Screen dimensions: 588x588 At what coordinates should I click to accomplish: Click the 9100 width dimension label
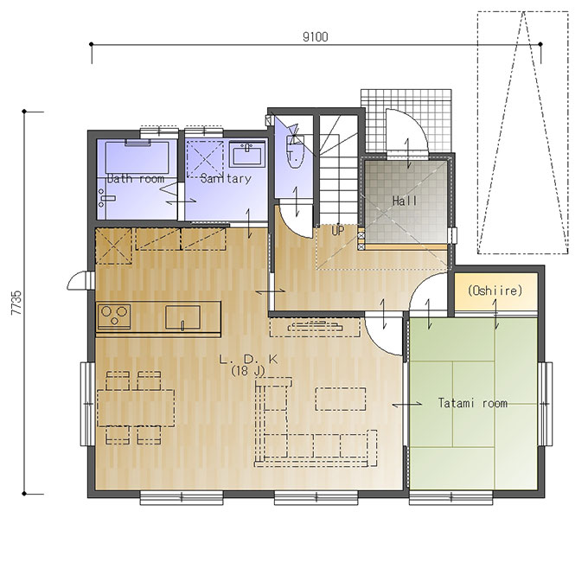click(315, 36)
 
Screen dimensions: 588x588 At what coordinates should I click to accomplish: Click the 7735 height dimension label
click(16, 303)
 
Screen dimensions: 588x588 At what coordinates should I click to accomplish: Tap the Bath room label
click(136, 178)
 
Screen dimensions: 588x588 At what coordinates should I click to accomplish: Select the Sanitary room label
click(226, 178)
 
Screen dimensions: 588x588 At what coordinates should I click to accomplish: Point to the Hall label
click(405, 201)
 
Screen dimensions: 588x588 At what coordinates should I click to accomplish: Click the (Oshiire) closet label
click(495, 291)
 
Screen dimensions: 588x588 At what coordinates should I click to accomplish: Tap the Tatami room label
click(472, 403)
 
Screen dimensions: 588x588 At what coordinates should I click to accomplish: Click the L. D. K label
click(248, 360)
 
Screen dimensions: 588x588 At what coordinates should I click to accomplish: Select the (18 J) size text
click(248, 371)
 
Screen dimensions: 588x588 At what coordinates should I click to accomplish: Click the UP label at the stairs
click(337, 231)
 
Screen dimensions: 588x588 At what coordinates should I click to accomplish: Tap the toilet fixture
click(296, 150)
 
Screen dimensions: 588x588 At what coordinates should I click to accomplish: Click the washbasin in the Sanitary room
click(247, 155)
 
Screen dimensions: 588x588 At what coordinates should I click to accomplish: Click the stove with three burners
click(114, 316)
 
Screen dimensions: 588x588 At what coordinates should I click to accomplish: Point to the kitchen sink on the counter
click(182, 317)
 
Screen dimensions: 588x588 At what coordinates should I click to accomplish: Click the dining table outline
click(136, 407)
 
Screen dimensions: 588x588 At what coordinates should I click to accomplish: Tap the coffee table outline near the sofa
click(341, 399)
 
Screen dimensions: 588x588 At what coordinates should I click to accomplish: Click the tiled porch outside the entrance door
click(406, 121)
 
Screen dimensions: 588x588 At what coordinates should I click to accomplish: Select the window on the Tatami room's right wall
click(546, 404)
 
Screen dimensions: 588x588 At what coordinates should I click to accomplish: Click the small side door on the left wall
click(80, 280)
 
